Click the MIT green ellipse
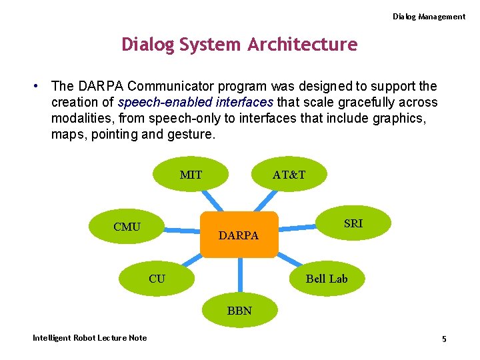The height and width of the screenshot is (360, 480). [191, 175]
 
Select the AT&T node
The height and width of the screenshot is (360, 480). [289, 175]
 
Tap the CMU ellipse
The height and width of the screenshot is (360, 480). [127, 227]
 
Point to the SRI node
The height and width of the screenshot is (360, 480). [353, 224]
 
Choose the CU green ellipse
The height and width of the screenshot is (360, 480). [157, 279]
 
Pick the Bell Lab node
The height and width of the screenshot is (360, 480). [327, 279]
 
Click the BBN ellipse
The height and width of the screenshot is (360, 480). [239, 310]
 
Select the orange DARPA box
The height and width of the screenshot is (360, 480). [239, 235]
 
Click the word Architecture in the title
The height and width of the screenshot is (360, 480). [303, 45]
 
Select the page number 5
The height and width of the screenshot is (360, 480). [444, 339]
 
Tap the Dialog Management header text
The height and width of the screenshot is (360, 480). [429, 17]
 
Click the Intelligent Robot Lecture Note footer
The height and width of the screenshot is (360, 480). [90, 338]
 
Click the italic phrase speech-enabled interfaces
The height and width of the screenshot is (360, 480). [195, 102]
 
